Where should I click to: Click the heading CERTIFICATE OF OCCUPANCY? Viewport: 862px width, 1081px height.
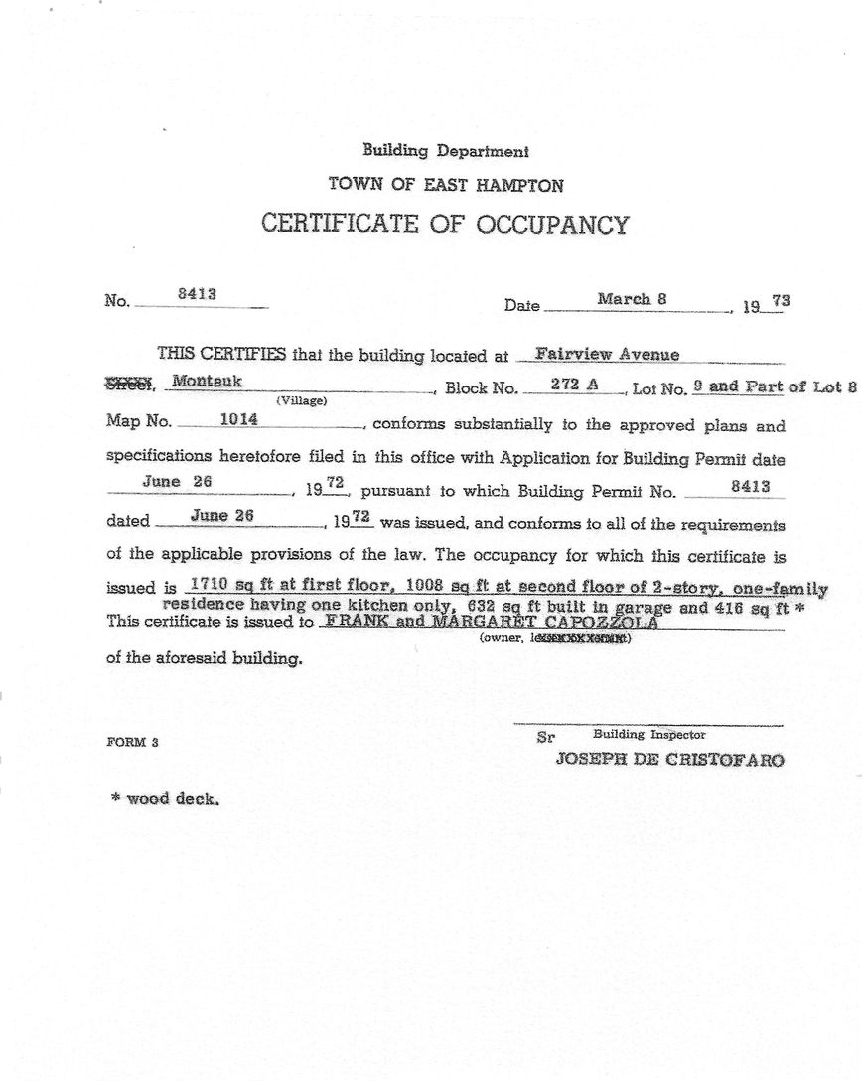pos(445,222)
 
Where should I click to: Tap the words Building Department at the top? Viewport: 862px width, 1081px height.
pos(445,151)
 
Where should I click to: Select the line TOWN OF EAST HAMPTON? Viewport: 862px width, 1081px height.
pos(445,185)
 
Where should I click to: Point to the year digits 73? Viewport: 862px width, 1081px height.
pos(780,299)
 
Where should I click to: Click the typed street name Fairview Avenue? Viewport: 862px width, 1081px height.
pos(607,354)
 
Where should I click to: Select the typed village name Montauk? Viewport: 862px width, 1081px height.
pos(207,381)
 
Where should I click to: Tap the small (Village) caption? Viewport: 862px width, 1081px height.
pos(301,401)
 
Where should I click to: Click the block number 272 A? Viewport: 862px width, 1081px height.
pos(574,384)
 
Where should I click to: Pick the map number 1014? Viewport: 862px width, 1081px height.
pos(238,419)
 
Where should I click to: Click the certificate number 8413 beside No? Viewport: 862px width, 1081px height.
pos(197,294)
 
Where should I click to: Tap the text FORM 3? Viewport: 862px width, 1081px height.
pos(132,742)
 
